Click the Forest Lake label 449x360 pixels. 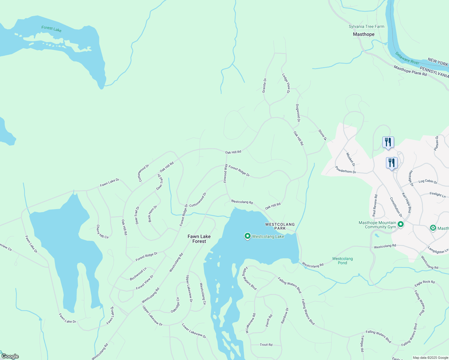[51, 29]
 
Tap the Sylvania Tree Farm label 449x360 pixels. [366, 27]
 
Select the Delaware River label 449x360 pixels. [407, 58]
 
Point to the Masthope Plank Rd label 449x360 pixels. [410, 71]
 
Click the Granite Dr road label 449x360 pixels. [264, 85]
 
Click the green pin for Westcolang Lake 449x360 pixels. [247, 236]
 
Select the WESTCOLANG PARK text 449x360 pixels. [280, 226]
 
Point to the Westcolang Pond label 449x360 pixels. [342, 261]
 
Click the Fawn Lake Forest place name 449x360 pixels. [199, 239]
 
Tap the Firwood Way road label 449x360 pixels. [225, 173]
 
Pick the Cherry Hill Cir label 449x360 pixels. [102, 232]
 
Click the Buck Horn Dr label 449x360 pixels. [152, 214]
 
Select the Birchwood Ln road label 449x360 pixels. [138, 274]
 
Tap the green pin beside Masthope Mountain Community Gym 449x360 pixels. [401, 224]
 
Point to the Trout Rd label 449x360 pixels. [266, 345]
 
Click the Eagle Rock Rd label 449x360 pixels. [424, 283]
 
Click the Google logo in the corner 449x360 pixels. [10, 356]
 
